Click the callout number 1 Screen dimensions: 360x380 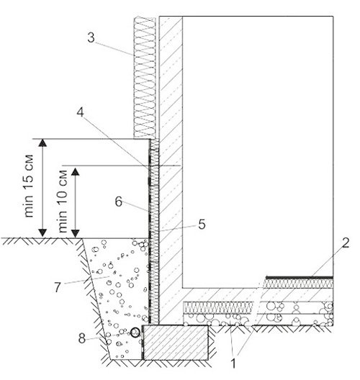pyautogui.click(x=233, y=363)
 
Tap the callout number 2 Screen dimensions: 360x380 pyautogui.click(x=345, y=243)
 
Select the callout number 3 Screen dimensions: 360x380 pyautogui.click(x=91, y=38)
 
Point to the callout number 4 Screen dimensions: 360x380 pyautogui.click(x=80, y=112)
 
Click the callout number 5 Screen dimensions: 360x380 pyautogui.click(x=202, y=224)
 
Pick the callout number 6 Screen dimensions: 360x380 pyautogui.click(x=118, y=202)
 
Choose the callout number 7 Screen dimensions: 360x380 pyautogui.click(x=57, y=287)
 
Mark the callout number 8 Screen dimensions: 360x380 pyautogui.click(x=82, y=338)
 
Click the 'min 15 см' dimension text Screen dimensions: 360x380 pyautogui.click(x=29, y=186)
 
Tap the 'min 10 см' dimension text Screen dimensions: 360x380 pyautogui.click(x=62, y=201)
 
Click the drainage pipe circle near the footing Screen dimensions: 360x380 pyautogui.click(x=135, y=332)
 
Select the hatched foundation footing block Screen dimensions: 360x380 pyautogui.click(x=176, y=343)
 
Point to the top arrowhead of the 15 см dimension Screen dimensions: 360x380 pyautogui.click(x=42, y=143)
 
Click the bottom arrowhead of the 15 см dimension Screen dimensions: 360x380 pyautogui.click(x=42, y=233)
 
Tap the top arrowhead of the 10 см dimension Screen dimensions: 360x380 pyautogui.click(x=76, y=171)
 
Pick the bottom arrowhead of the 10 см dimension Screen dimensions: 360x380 pyautogui.click(x=76, y=234)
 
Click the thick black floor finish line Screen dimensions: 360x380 pyautogui.click(x=300, y=278)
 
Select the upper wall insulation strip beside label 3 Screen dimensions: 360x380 pyautogui.click(x=145, y=78)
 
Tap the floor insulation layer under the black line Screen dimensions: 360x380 pyautogui.click(x=298, y=284)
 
